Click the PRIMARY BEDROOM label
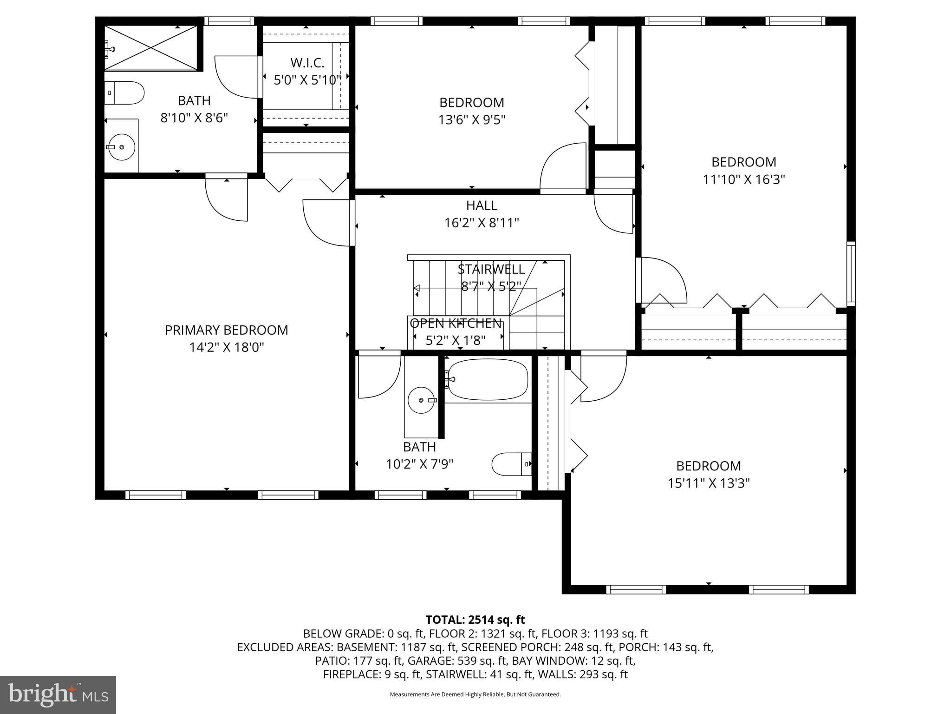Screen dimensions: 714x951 click(x=227, y=330)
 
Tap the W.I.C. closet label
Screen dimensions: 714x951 click(x=307, y=63)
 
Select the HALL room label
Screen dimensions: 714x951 click(x=482, y=205)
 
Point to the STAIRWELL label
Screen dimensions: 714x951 click(x=491, y=269)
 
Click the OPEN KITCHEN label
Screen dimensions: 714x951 click(x=456, y=324)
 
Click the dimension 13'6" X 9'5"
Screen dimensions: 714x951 click(x=472, y=120)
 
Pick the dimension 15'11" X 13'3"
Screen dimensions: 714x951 click(x=709, y=483)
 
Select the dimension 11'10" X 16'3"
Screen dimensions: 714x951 click(x=744, y=179)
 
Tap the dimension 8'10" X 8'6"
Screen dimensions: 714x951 click(x=194, y=118)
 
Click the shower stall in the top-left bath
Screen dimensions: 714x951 click(x=150, y=47)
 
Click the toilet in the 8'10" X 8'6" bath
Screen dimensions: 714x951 click(x=126, y=93)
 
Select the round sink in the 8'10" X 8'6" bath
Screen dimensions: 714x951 click(x=121, y=147)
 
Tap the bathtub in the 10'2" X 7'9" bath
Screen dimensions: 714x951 click(x=488, y=379)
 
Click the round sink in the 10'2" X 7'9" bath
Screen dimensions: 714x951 click(x=421, y=400)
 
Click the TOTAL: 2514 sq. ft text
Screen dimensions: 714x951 click(x=475, y=620)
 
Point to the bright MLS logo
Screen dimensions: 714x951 click(x=58, y=694)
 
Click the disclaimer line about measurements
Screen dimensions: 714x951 click(x=475, y=694)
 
